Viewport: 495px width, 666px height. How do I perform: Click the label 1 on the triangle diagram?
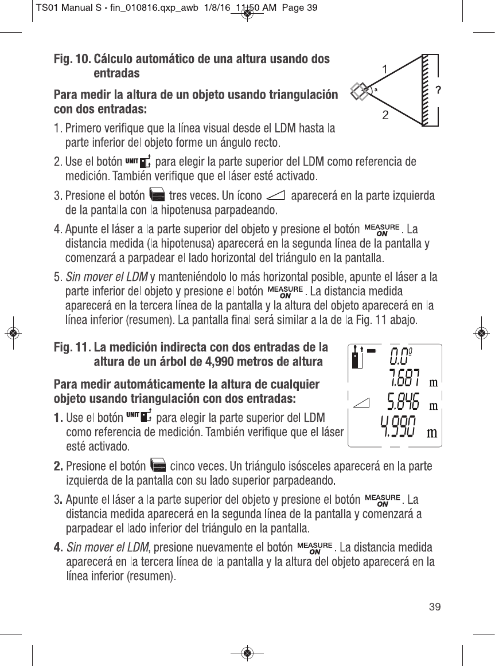point(385,69)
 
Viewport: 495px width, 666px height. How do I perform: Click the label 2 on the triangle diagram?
point(385,115)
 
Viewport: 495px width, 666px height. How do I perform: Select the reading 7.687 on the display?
point(405,379)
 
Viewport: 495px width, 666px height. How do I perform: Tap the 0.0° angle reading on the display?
point(400,356)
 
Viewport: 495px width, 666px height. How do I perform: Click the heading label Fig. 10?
point(72,59)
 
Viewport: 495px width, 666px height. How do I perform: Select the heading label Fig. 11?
point(72,347)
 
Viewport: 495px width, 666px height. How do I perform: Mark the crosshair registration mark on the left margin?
point(12,333)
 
